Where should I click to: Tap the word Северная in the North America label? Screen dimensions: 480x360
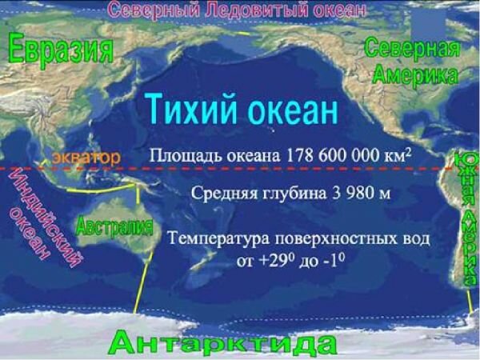click(412, 48)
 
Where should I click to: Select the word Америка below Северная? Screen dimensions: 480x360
click(415, 74)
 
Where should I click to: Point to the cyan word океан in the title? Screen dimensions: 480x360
click(292, 111)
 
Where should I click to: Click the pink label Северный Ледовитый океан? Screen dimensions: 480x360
click(238, 9)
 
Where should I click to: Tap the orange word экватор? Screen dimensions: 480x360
click(86, 158)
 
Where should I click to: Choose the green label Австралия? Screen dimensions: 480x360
click(114, 227)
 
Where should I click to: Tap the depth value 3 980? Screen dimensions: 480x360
click(352, 193)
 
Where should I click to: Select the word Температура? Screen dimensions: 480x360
click(219, 239)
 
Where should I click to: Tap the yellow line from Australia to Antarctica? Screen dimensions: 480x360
click(143, 282)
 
